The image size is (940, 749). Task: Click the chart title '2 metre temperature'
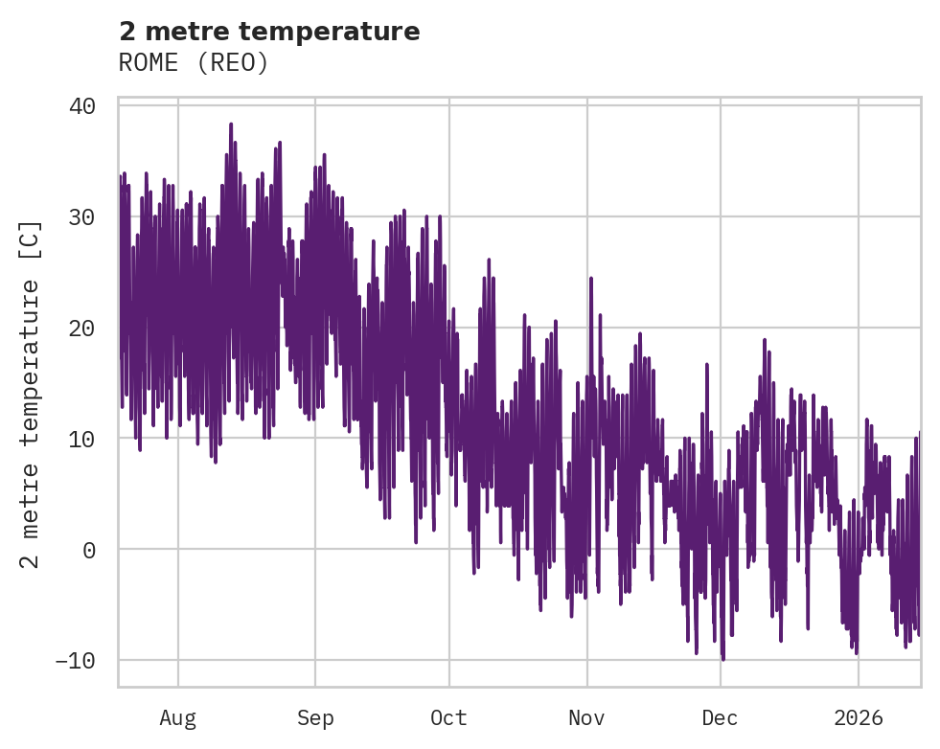pyautogui.click(x=269, y=32)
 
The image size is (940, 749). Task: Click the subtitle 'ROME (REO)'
pyautogui.click(x=194, y=62)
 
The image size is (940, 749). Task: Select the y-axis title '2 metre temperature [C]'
pyautogui.click(x=32, y=394)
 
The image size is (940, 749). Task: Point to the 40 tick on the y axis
pyautogui.click(x=82, y=105)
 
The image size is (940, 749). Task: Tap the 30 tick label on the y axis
pyautogui.click(x=82, y=216)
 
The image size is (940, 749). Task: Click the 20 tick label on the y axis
pyautogui.click(x=82, y=328)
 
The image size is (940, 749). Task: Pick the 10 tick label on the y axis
pyautogui.click(x=82, y=439)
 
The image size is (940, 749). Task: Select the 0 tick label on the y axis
pyautogui.click(x=89, y=550)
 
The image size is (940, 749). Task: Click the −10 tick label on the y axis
pyautogui.click(x=76, y=661)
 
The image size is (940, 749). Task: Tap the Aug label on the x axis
pyautogui.click(x=178, y=717)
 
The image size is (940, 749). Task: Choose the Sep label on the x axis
pyautogui.click(x=315, y=717)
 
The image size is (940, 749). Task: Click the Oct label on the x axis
pyautogui.click(x=448, y=717)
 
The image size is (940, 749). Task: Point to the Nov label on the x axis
pyautogui.click(x=586, y=717)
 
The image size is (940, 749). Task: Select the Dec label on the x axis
pyautogui.click(x=720, y=717)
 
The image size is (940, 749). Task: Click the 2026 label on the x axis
pyautogui.click(x=859, y=717)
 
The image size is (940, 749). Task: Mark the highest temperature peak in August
pyautogui.click(x=231, y=124)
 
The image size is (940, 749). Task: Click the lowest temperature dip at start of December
pyautogui.click(x=722, y=659)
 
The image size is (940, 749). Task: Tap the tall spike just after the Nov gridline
pyautogui.click(x=591, y=279)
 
